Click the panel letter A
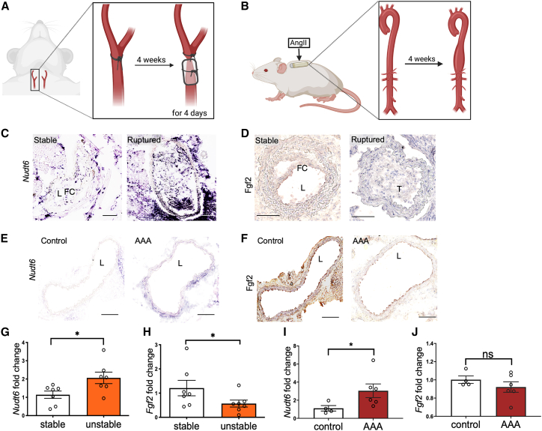pyautogui.click(x=6, y=7)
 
